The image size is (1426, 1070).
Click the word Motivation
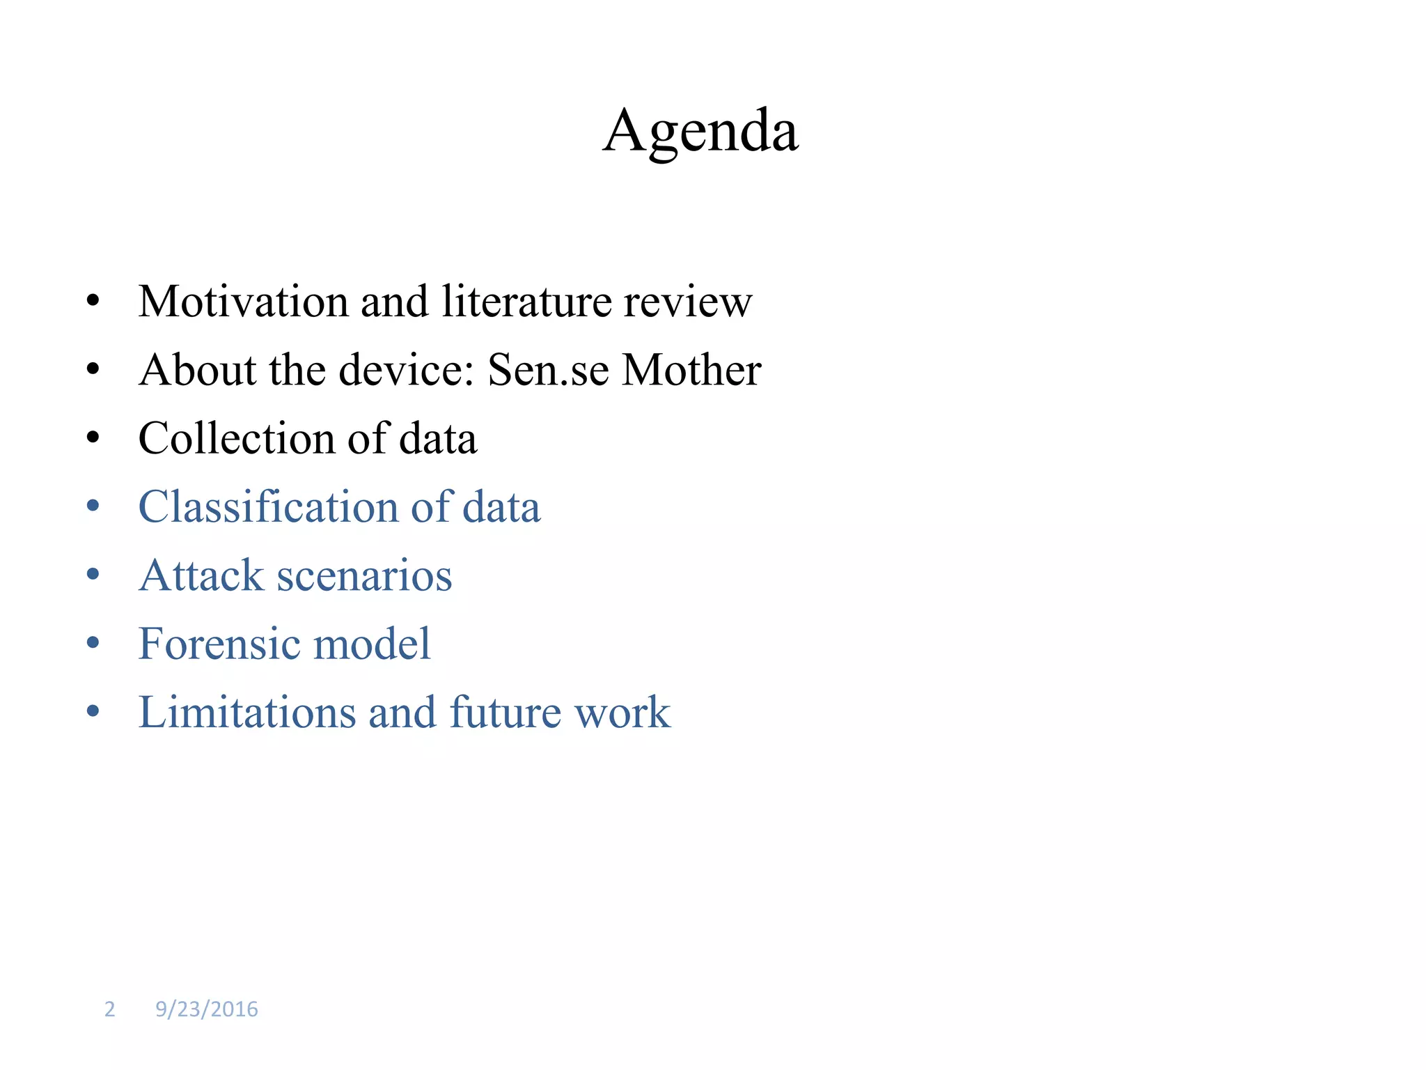243,302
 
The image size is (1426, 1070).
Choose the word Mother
691,370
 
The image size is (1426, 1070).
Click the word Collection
237,438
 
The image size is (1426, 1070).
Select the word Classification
268,506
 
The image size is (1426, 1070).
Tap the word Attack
201,575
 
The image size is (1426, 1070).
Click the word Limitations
247,712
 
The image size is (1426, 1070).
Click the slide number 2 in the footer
109,1009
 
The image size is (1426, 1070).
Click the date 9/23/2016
206,1009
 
